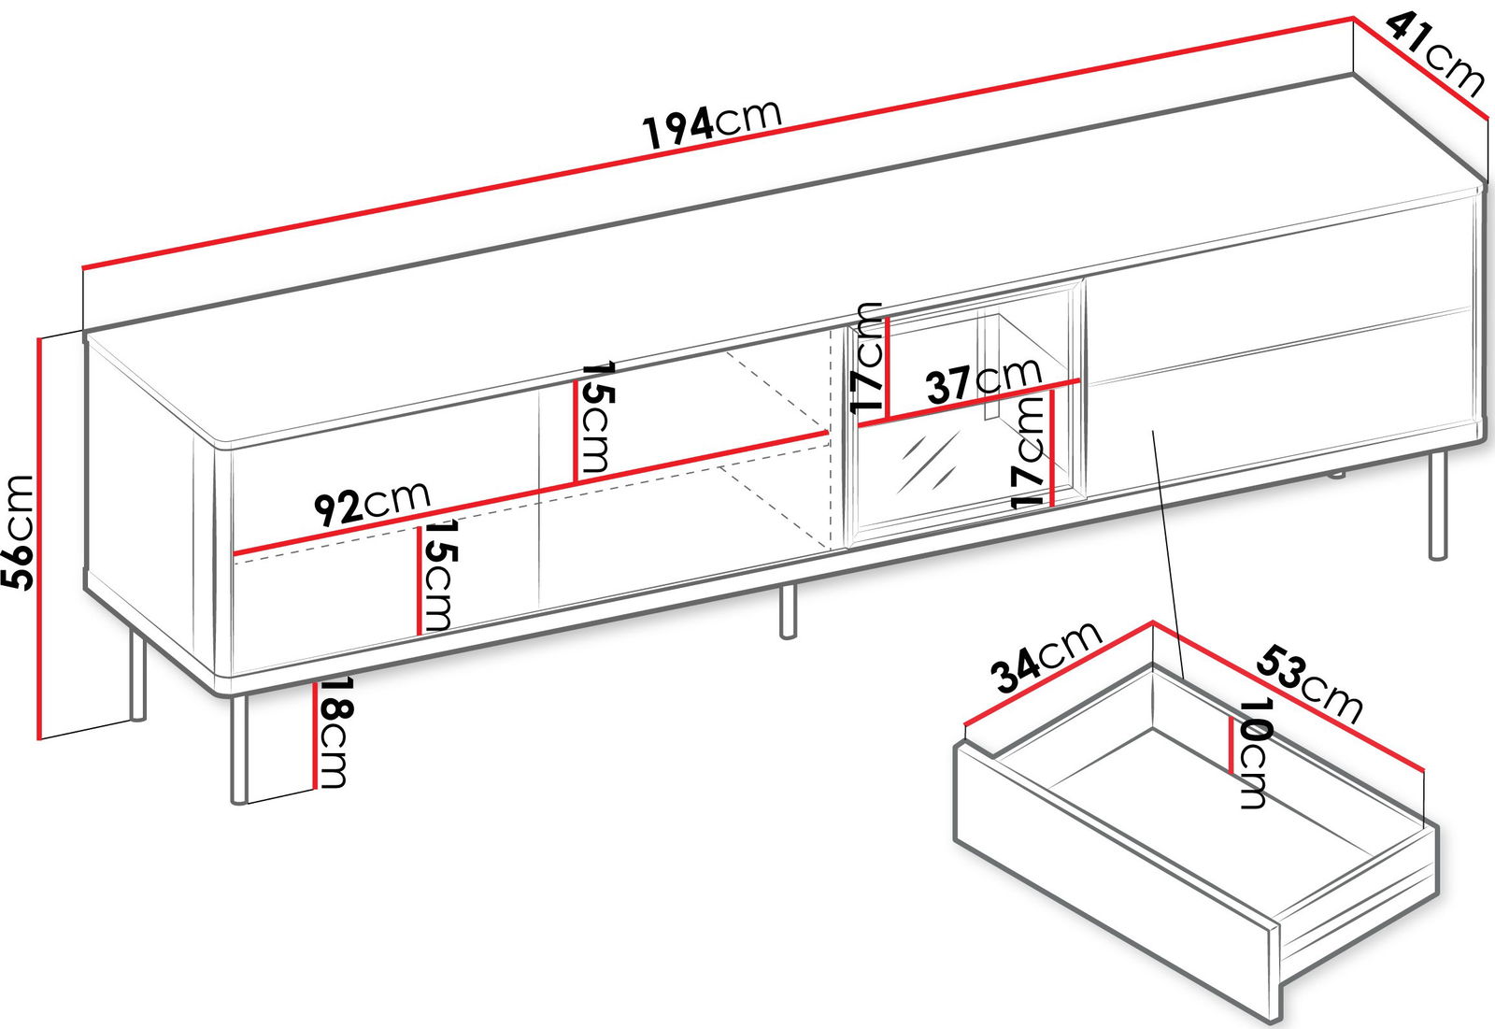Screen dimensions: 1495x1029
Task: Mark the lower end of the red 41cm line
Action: pos(1488,118)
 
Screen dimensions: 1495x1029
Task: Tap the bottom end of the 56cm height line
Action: pos(38,739)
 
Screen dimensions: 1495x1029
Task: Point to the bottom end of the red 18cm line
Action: pos(313,789)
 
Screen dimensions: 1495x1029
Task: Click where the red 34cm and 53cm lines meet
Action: pos(1153,623)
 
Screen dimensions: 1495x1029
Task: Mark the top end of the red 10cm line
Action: pos(1232,717)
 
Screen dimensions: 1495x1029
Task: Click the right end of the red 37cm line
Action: pos(1080,381)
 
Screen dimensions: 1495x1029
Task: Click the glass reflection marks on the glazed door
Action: pos(929,463)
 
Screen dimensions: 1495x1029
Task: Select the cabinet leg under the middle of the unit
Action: pos(789,611)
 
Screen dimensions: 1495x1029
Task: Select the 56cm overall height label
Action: pos(18,532)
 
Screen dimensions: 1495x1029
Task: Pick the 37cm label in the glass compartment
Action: pos(983,381)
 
